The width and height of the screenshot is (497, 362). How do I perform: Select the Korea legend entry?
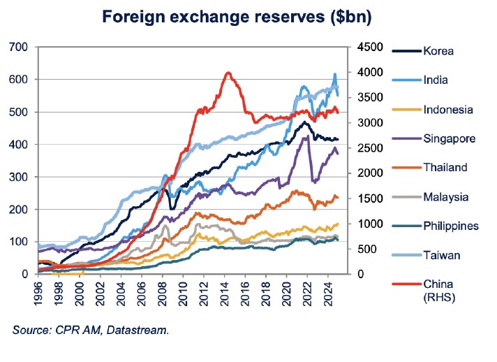[x=438, y=51]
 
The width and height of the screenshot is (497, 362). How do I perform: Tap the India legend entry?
[x=436, y=80]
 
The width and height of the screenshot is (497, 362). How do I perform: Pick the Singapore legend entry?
[x=449, y=138]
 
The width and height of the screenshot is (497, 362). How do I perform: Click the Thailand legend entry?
[x=445, y=168]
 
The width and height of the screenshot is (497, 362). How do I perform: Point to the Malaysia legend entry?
[x=446, y=197]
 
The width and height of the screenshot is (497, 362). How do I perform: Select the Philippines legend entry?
[x=450, y=226]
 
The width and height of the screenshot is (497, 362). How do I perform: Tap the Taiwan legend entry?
[x=441, y=255]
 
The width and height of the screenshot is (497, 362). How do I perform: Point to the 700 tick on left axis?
[x=19, y=47]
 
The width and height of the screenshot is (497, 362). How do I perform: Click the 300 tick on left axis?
[x=19, y=177]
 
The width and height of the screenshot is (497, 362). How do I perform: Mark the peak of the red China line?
[x=228, y=72]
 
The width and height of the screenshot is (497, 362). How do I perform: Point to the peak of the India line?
[x=334, y=74]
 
